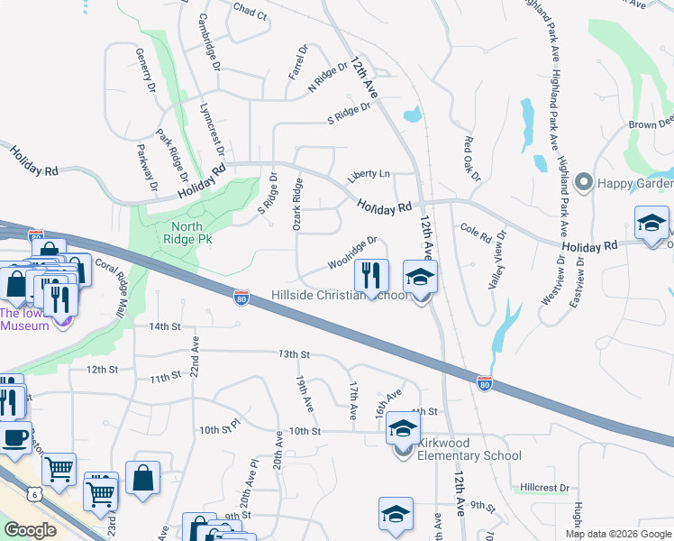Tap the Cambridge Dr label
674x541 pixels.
click(209, 41)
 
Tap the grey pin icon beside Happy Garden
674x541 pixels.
click(583, 184)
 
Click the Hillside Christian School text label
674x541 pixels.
click(341, 296)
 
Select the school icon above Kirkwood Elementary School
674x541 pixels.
click(403, 427)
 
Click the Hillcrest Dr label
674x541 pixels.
click(544, 488)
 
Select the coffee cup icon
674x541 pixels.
click(13, 437)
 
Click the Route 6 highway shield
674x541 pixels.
click(34, 494)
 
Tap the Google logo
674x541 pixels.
click(30, 530)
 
